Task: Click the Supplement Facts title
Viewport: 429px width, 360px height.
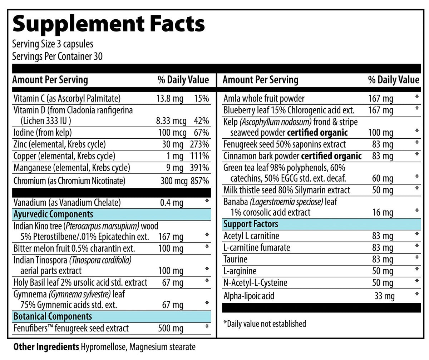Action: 108,24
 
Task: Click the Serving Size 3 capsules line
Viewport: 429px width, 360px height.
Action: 53,44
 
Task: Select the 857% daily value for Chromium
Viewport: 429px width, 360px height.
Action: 200,181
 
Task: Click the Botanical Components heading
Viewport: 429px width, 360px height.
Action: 53,316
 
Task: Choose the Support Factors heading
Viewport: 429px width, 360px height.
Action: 251,225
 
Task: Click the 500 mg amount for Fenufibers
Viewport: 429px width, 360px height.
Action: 171,328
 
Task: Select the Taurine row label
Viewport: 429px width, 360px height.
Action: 235,259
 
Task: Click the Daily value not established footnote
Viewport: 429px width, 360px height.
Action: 265,324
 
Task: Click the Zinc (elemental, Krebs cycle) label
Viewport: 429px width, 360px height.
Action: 60,144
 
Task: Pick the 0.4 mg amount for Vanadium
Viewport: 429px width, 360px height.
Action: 172,203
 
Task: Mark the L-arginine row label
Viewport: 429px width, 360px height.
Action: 240,271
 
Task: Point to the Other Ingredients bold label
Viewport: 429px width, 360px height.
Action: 46,347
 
